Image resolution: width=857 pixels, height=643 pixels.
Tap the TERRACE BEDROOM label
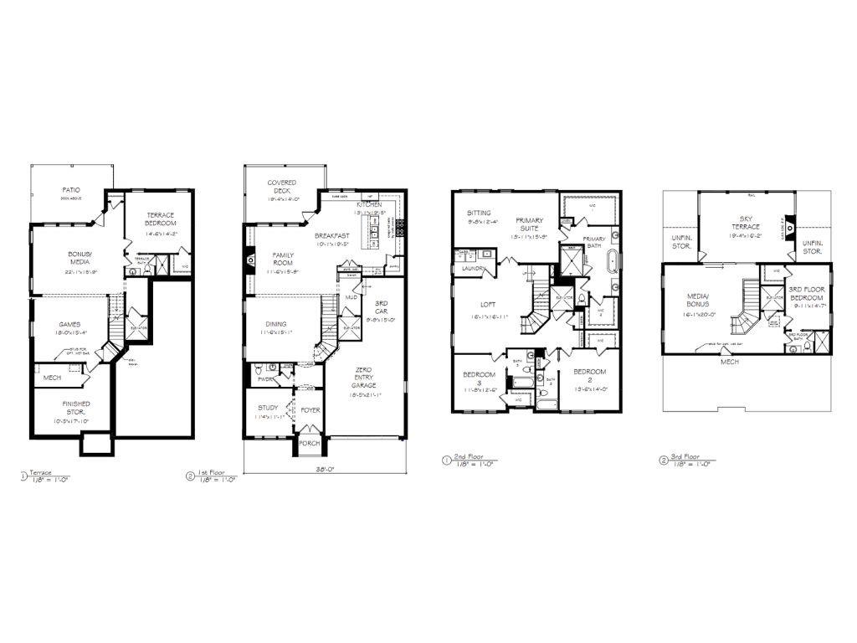(160, 219)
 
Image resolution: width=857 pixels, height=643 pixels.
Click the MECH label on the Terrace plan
(51, 378)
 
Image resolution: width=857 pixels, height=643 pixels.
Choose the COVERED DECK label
(283, 186)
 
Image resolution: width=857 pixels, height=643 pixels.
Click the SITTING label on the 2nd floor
(480, 213)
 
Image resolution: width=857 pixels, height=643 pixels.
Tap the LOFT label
(489, 304)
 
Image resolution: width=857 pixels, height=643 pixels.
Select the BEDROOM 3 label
(484, 378)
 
